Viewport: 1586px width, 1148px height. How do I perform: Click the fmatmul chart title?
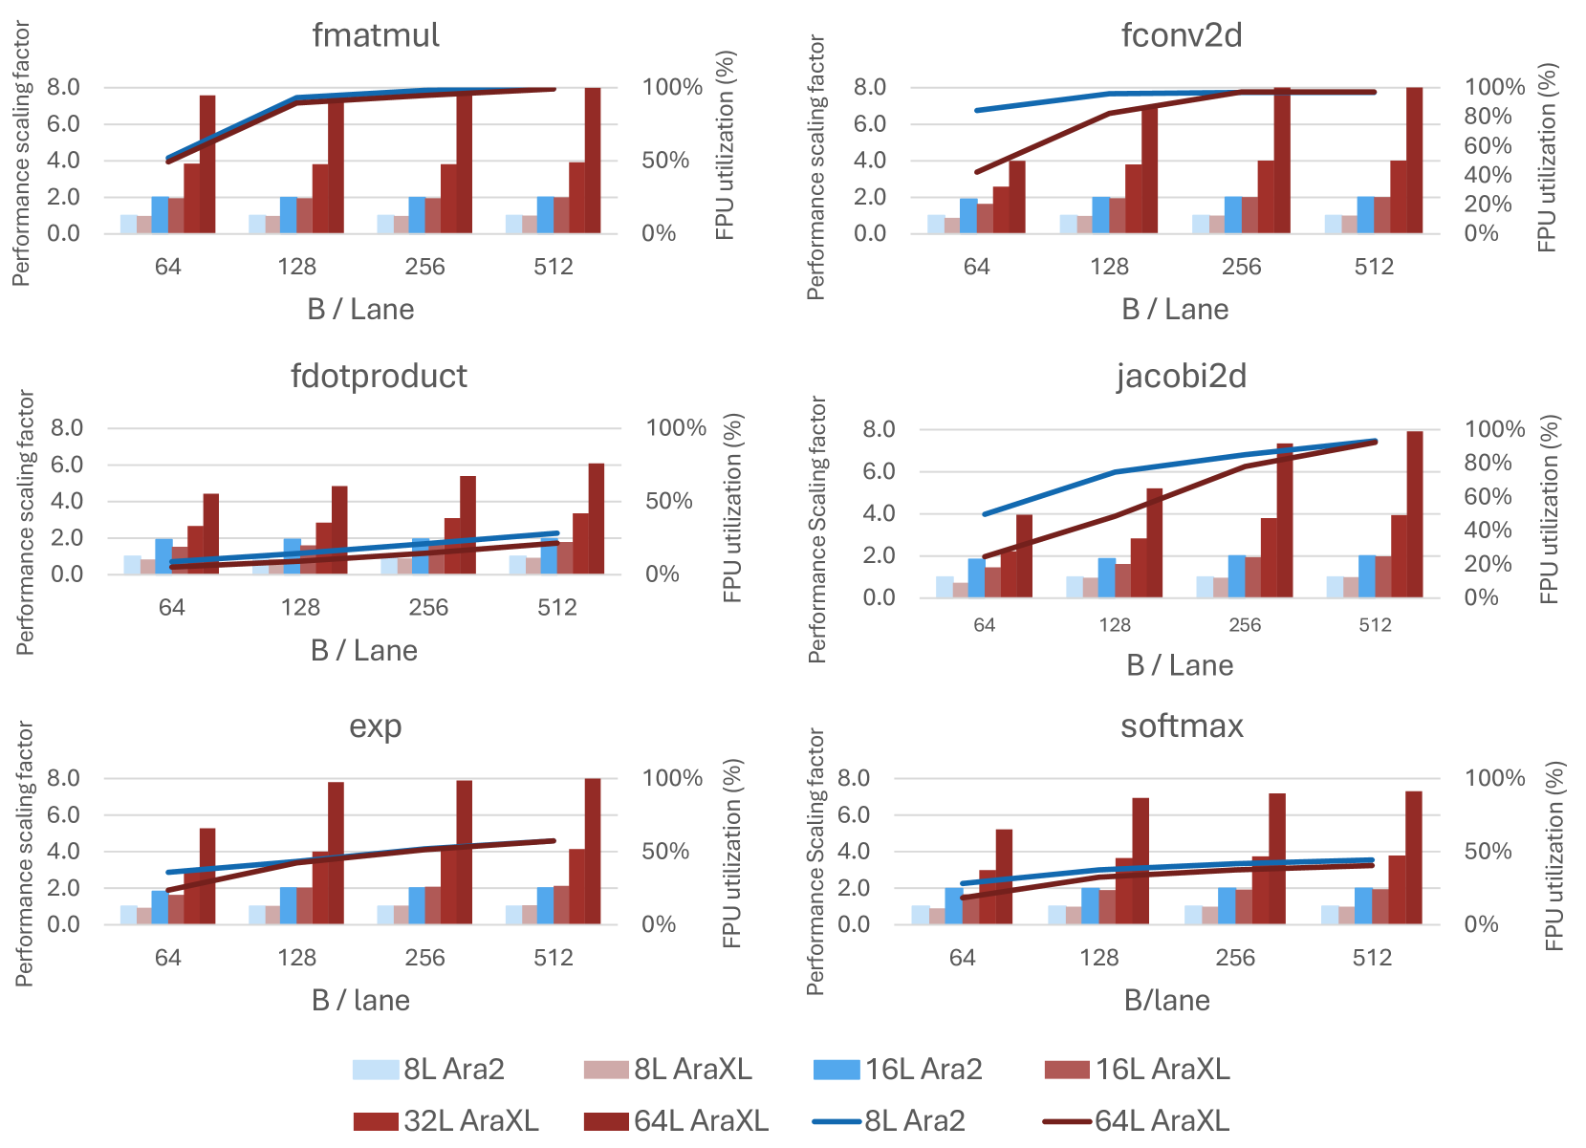[x=376, y=35]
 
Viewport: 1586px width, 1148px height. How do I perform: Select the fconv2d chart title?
[x=1182, y=35]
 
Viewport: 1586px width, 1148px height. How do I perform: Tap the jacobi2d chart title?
[x=1182, y=376]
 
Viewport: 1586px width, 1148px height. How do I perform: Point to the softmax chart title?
[x=1182, y=726]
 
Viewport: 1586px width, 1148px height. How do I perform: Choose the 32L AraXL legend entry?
[x=445, y=1120]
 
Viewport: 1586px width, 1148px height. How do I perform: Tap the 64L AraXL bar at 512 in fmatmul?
[x=593, y=160]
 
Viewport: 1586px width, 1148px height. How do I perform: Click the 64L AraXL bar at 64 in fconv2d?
[x=1017, y=197]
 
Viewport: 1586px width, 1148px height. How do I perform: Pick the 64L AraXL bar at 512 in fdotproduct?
[x=597, y=518]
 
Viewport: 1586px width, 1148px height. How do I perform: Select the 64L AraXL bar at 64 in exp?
[x=207, y=876]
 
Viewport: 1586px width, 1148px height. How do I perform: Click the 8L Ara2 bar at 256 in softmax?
[x=1193, y=915]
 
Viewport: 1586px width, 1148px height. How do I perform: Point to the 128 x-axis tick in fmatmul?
[x=296, y=267]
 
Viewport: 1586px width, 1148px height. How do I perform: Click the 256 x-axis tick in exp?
[x=424, y=958]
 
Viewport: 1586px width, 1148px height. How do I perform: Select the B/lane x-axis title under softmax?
[x=1166, y=1001]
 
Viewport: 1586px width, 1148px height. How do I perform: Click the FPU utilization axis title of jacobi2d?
[x=1550, y=509]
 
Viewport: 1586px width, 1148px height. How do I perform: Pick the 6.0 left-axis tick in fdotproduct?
[x=67, y=465]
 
